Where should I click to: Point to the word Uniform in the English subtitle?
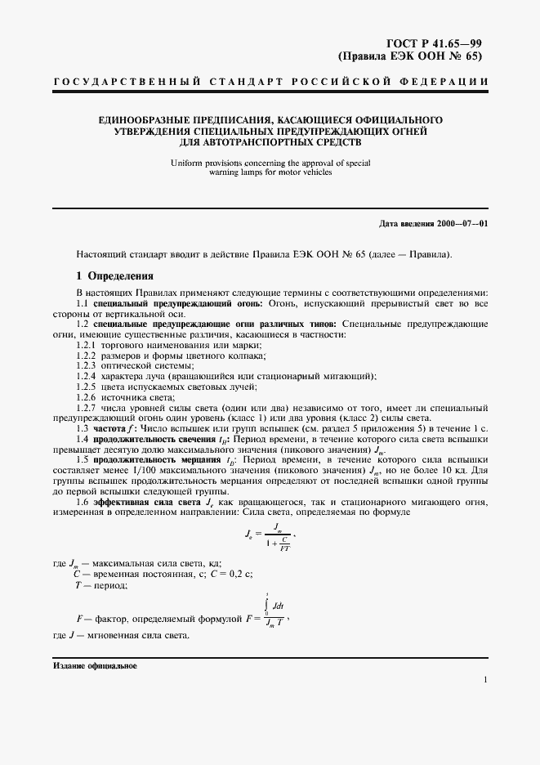[x=187, y=163]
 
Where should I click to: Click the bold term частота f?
[x=114, y=428]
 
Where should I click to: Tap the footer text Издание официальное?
[x=95, y=666]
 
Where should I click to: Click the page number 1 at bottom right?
[x=485, y=680]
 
